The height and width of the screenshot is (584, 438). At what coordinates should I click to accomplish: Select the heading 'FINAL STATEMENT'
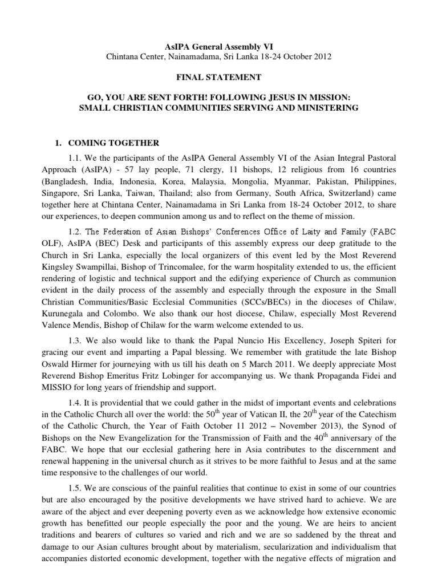(219, 77)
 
